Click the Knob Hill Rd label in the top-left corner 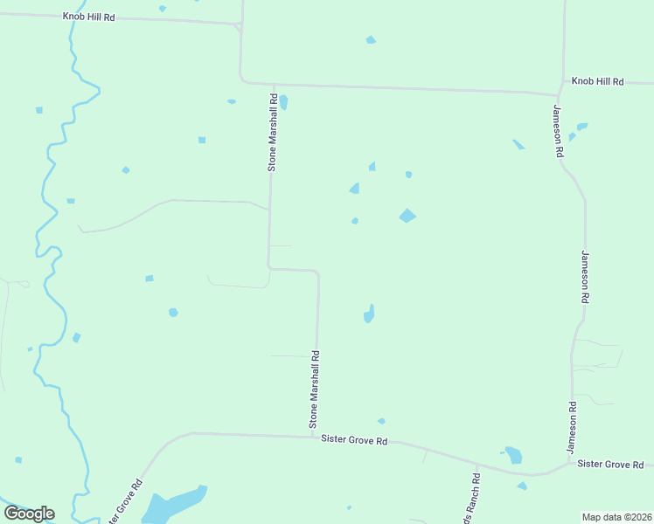(x=89, y=17)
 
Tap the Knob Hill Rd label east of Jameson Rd (x=597, y=81)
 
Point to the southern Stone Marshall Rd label (x=315, y=390)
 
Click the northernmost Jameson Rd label (x=557, y=130)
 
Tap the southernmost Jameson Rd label (x=572, y=427)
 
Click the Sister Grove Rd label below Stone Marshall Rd (x=353, y=441)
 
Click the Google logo (x=29, y=513)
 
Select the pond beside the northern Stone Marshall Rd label (x=283, y=102)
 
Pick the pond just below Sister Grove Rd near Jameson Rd (x=513, y=455)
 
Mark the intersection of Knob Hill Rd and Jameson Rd (x=559, y=93)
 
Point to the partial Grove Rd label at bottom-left (x=125, y=501)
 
